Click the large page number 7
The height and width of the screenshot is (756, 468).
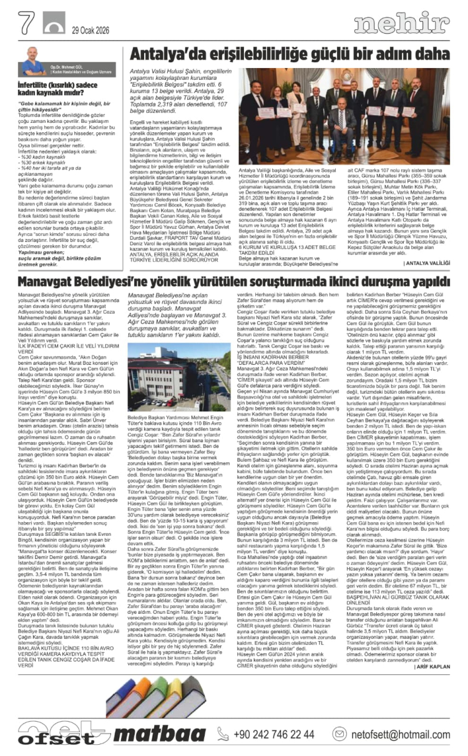coord(27,23)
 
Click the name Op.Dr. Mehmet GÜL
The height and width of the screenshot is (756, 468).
coord(67,64)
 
